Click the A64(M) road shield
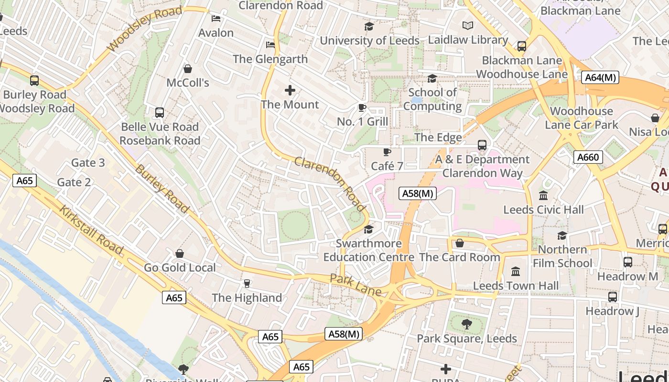click(x=600, y=77)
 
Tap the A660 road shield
click(x=588, y=157)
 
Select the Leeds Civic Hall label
click(x=543, y=210)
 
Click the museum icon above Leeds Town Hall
click(x=516, y=271)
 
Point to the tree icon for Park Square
click(x=466, y=324)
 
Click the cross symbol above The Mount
click(x=290, y=90)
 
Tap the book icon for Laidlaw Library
click(x=467, y=25)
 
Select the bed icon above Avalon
click(x=216, y=19)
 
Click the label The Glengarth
click(x=270, y=59)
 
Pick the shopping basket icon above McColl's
click(x=188, y=69)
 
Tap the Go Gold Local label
click(x=180, y=267)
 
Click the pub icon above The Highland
click(x=247, y=284)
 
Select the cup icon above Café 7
click(x=387, y=152)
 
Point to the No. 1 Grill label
click(x=362, y=122)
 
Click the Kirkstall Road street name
click(x=91, y=230)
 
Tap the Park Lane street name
click(x=356, y=285)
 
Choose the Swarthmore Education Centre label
click(x=368, y=250)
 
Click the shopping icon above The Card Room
click(x=459, y=243)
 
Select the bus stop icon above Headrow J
click(x=612, y=297)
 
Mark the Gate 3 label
click(x=88, y=163)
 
